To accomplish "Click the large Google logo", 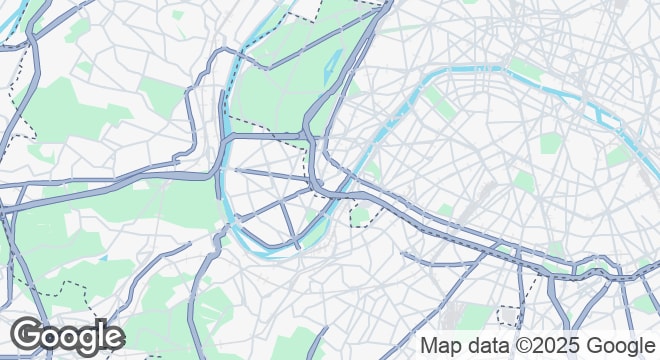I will pos(67,336).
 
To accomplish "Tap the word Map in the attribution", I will pos(441,345).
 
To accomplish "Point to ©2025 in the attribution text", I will pos(546,345).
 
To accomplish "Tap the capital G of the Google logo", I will pos(29,336).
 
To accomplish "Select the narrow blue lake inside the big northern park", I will pos(332,64).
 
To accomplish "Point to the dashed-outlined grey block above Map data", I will pos(509,316).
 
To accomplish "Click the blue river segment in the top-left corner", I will pos(12,28).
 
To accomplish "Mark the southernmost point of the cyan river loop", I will pos(268,256).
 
